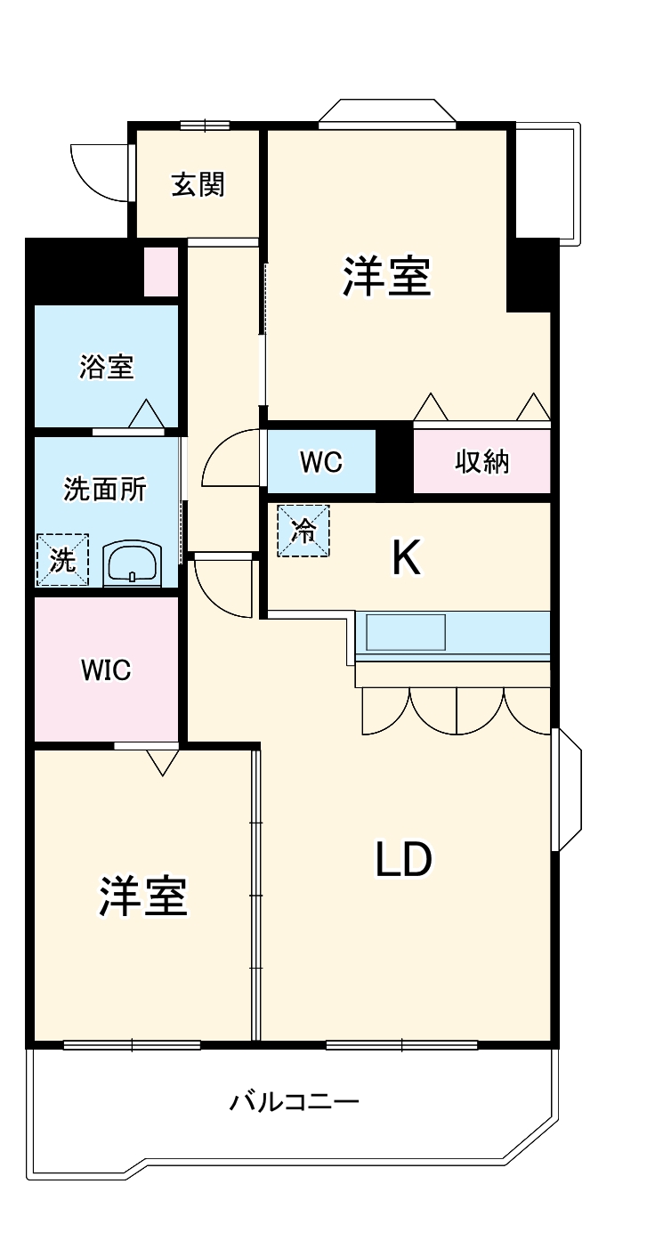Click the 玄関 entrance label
pos(198,184)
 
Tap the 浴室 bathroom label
pos(107,367)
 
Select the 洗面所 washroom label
pos(105,489)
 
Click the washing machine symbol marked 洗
pos(62,560)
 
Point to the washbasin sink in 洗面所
pos(133,564)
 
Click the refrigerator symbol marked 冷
pos(303,531)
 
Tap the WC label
pos(321,462)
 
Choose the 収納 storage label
pos(481,462)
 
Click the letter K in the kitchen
pos(406,558)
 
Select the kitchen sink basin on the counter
pos(406,632)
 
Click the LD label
pos(403,860)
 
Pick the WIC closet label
pos(106,670)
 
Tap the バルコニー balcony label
pos(295,1102)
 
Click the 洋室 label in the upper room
pos(387,276)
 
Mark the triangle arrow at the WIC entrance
pos(163,762)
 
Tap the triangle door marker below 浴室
pos(146,414)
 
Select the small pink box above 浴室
pos(161,272)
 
